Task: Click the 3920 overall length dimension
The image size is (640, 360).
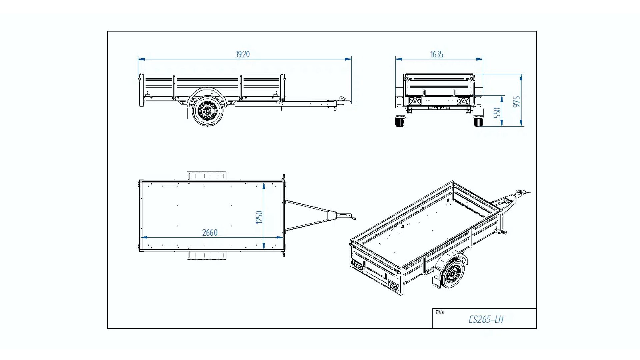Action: (x=242, y=54)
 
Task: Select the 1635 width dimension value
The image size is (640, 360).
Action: (x=437, y=54)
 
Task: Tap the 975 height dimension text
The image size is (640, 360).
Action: (x=516, y=102)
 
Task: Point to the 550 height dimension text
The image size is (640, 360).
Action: (x=497, y=113)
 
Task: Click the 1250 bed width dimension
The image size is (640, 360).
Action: (x=259, y=217)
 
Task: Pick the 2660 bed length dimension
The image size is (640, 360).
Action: (x=210, y=233)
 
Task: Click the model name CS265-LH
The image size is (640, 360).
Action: (x=486, y=319)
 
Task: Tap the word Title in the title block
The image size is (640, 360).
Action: (x=439, y=312)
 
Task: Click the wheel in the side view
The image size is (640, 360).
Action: (x=207, y=111)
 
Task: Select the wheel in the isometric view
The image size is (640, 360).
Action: (x=453, y=274)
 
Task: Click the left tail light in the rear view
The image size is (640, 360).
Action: (x=415, y=100)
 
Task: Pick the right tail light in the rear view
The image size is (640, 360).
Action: (x=463, y=100)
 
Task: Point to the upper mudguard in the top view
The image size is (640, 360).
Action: (x=207, y=176)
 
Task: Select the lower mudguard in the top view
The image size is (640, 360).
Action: (x=207, y=256)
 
